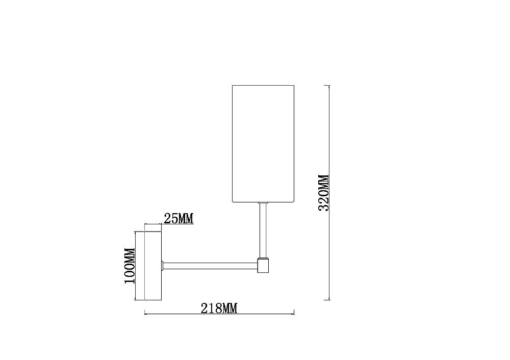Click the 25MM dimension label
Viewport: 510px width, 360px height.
pyautogui.click(x=178, y=219)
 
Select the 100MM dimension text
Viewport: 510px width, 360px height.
pyautogui.click(x=130, y=266)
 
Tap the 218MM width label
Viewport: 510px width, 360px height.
pyautogui.click(x=219, y=308)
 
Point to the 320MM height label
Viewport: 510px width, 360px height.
pyautogui.click(x=324, y=193)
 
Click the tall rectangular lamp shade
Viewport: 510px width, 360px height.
pyautogui.click(x=263, y=144)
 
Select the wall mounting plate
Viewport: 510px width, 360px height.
pyautogui.click(x=153, y=266)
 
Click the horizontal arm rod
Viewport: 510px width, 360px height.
pyautogui.click(x=210, y=266)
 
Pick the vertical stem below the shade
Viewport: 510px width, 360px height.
pyautogui.click(x=263, y=230)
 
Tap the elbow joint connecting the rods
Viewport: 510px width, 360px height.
pyautogui.click(x=263, y=265)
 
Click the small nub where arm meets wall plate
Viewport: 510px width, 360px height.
pyautogui.click(x=162, y=266)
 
